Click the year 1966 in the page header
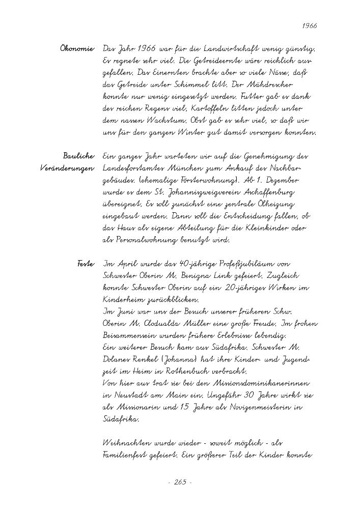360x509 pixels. [x=310, y=25]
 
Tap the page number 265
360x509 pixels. [x=180, y=482]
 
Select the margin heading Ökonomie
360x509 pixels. [x=78, y=49]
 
